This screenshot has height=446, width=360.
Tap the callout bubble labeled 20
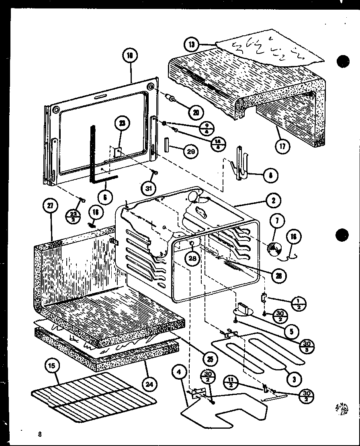click(x=196, y=112)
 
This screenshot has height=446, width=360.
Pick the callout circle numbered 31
click(x=148, y=187)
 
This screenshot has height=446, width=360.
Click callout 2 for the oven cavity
click(x=273, y=201)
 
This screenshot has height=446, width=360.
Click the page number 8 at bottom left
click(x=40, y=434)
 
